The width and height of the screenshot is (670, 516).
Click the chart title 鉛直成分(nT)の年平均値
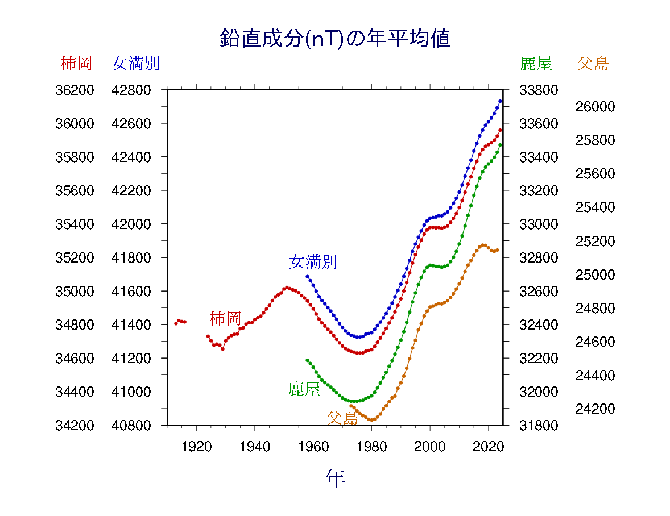click(335, 39)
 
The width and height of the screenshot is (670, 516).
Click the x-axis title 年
click(335, 478)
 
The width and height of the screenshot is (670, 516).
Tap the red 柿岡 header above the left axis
click(76, 63)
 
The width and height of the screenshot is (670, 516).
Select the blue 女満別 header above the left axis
click(135, 63)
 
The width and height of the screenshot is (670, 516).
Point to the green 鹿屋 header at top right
click(536, 63)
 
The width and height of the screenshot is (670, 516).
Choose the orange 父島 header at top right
click(593, 63)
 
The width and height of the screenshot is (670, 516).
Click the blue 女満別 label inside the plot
click(313, 261)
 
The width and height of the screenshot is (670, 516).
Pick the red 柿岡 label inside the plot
click(225, 318)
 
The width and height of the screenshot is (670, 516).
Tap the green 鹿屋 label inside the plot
click(304, 389)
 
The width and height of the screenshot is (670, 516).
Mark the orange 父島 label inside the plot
click(342, 418)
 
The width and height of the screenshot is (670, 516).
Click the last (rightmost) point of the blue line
click(500, 101)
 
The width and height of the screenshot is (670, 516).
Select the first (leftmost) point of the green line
click(307, 360)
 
